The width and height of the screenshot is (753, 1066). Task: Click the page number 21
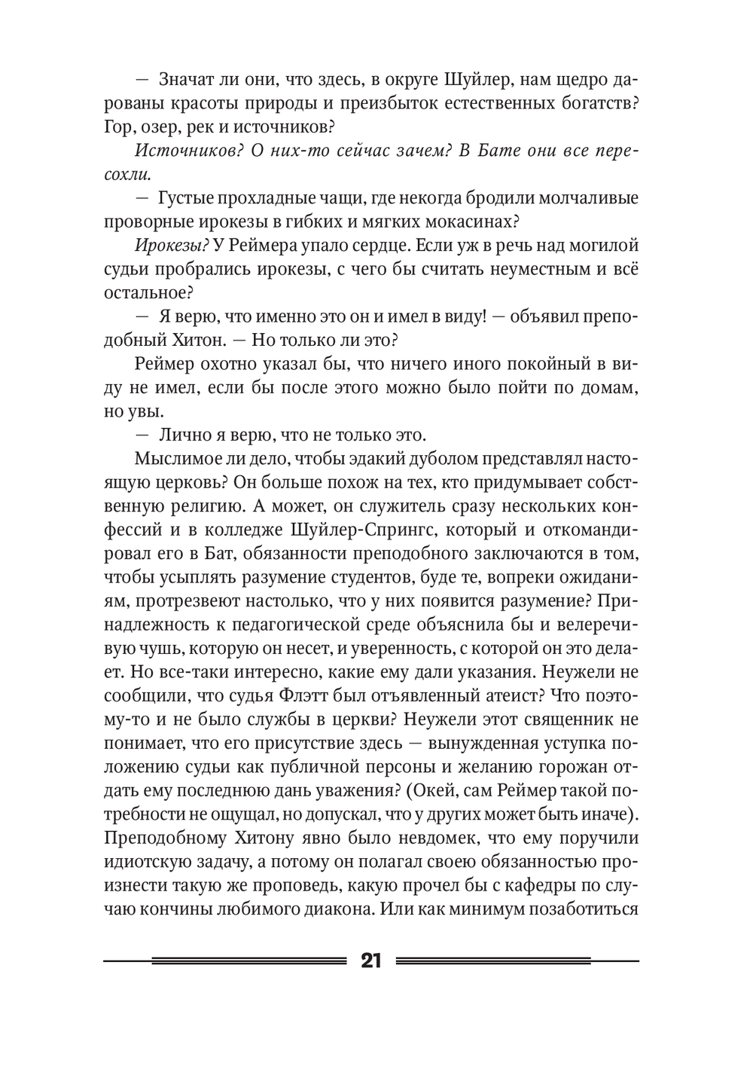[x=370, y=961]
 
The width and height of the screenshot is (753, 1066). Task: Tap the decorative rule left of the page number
[x=226, y=961]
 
